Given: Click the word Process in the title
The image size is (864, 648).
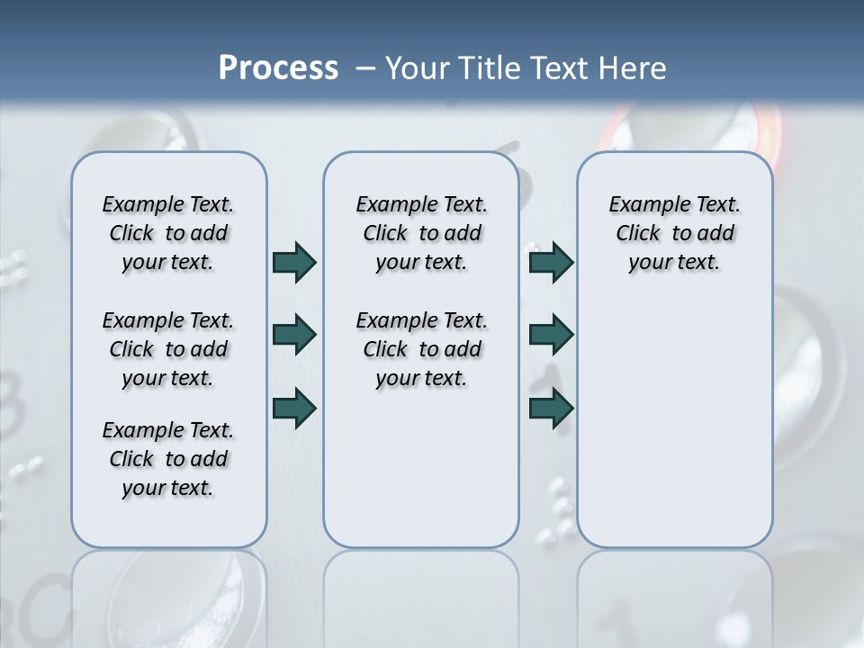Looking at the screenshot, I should tap(278, 67).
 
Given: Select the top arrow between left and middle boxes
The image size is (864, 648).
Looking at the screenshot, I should tap(294, 262).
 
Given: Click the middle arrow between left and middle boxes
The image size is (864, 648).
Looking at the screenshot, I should tap(294, 335).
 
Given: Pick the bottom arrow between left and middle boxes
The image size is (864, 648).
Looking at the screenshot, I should tap(294, 408).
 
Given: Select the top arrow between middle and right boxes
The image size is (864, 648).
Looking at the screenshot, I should tap(551, 262).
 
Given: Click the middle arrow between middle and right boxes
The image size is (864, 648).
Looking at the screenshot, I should tap(551, 335).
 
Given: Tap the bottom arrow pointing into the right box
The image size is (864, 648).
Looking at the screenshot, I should tap(551, 408).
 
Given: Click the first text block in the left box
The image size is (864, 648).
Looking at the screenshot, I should tap(168, 233).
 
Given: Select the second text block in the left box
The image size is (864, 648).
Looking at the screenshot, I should tap(168, 349).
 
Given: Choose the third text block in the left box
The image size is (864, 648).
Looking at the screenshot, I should tap(168, 459).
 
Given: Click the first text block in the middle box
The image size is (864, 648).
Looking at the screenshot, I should tap(421, 233).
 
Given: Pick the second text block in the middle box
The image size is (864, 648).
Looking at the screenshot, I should tap(421, 349).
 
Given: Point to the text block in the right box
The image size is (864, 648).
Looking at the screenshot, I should tap(674, 233).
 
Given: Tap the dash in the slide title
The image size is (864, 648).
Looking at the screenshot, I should tap(365, 67).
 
